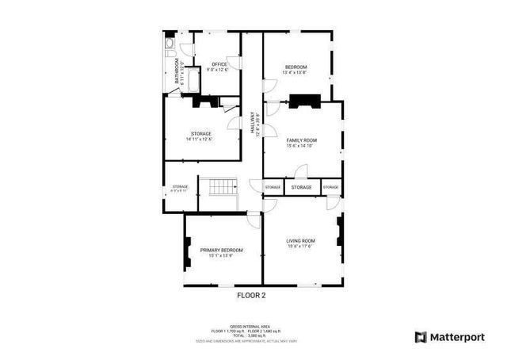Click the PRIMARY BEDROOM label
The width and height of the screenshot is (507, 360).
(215, 250)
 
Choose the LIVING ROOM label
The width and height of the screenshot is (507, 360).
(301, 240)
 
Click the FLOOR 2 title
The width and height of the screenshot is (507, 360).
(252, 296)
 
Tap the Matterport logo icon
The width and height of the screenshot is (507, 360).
(421, 337)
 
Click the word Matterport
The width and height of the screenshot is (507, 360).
(457, 337)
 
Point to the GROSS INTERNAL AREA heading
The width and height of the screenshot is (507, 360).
(252, 325)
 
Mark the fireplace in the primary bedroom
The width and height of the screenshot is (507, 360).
(188, 254)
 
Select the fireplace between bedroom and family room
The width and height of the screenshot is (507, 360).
(303, 101)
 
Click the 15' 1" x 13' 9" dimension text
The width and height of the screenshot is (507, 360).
(215, 256)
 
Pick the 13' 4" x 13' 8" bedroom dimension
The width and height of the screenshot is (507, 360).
(295, 72)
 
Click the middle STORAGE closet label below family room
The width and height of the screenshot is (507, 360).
(301, 187)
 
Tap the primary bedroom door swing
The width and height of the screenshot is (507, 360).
(253, 220)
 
